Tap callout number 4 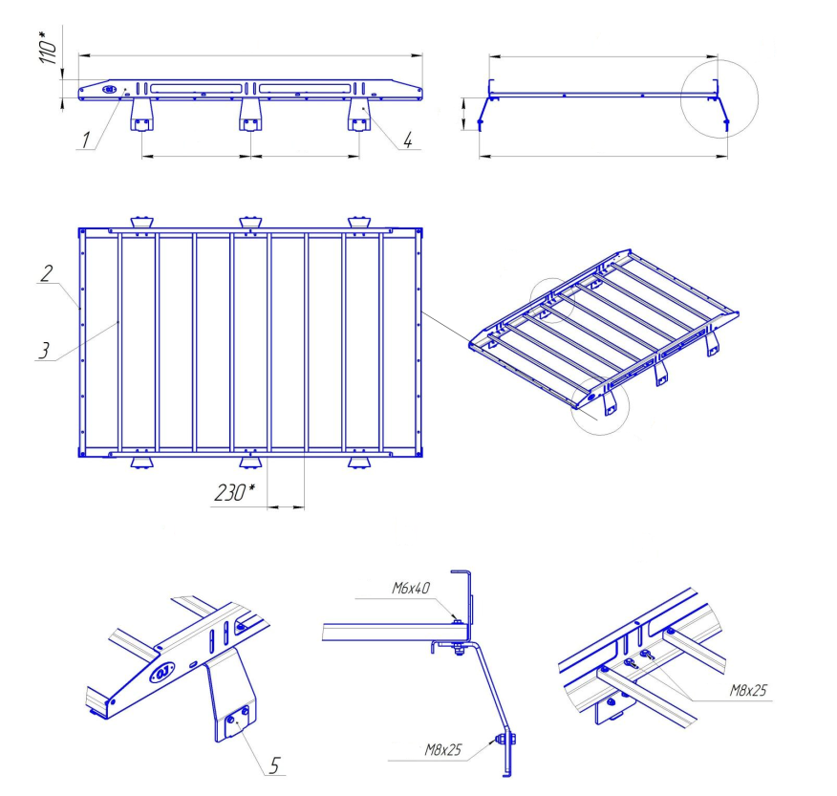point(408,140)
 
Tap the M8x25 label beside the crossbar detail point(749,690)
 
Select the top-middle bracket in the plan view point(250,223)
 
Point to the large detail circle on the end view point(719,98)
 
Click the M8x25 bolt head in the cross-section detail point(503,738)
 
